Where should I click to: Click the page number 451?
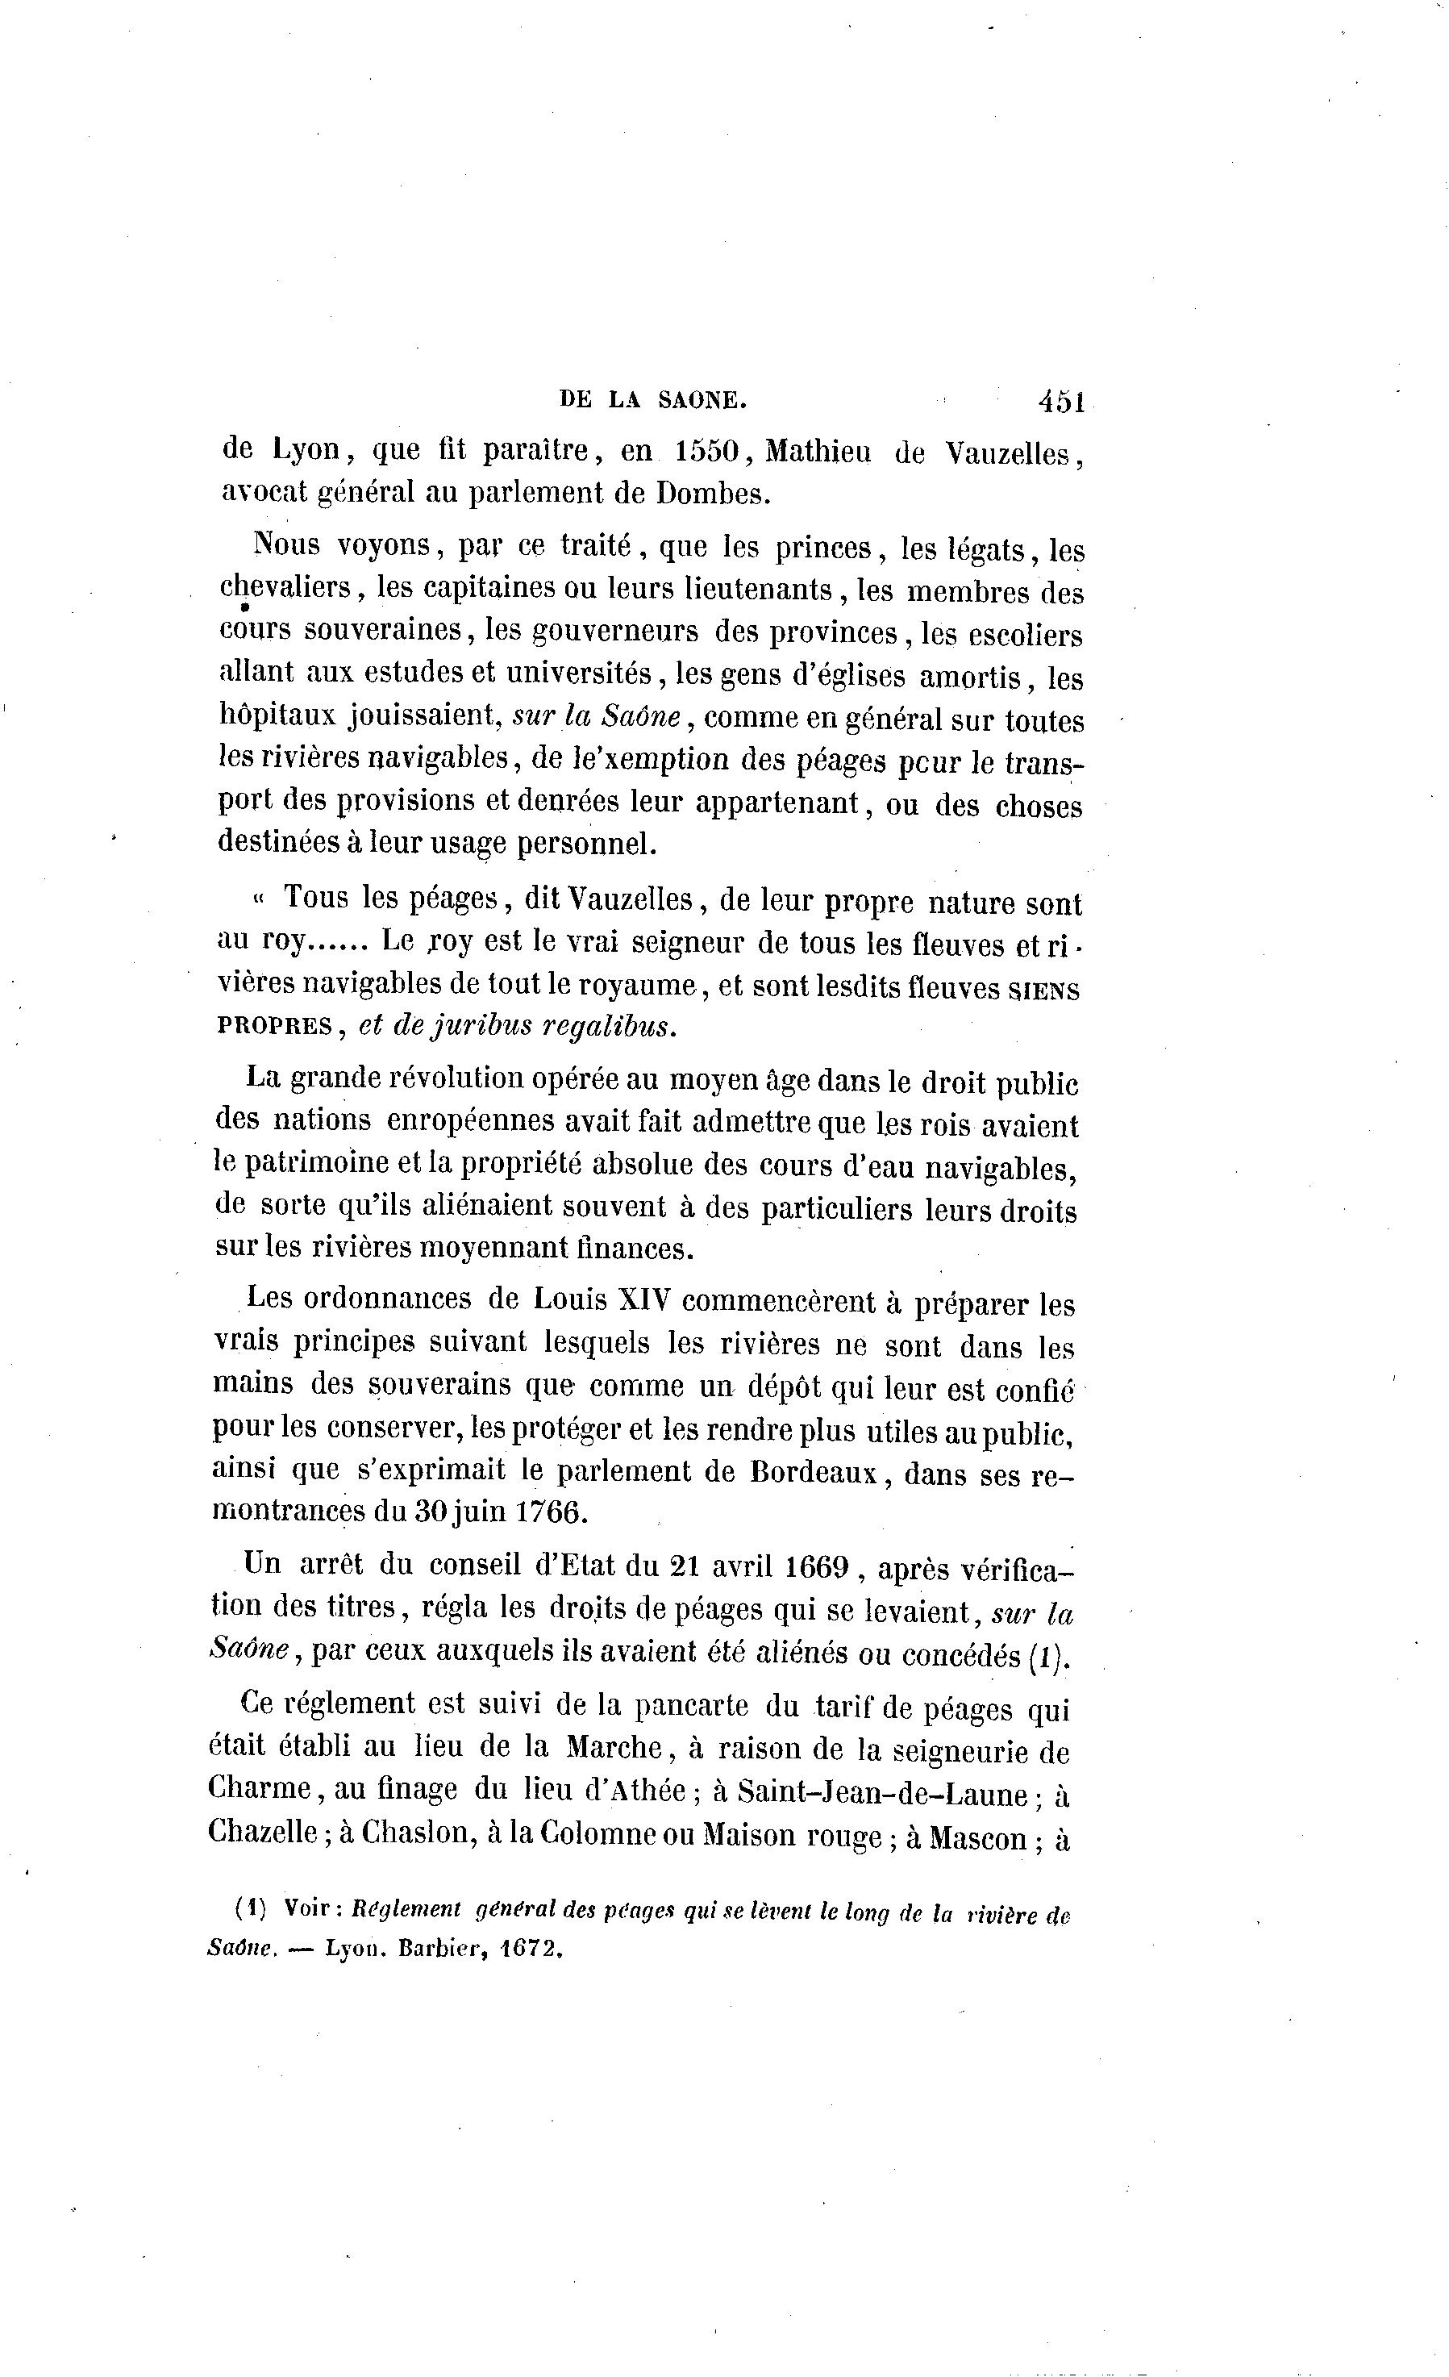(x=1062, y=402)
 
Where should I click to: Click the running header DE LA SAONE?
(x=653, y=400)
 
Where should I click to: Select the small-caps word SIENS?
(x=1044, y=990)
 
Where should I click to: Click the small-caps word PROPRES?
(x=275, y=1027)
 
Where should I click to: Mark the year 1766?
(x=550, y=1512)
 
